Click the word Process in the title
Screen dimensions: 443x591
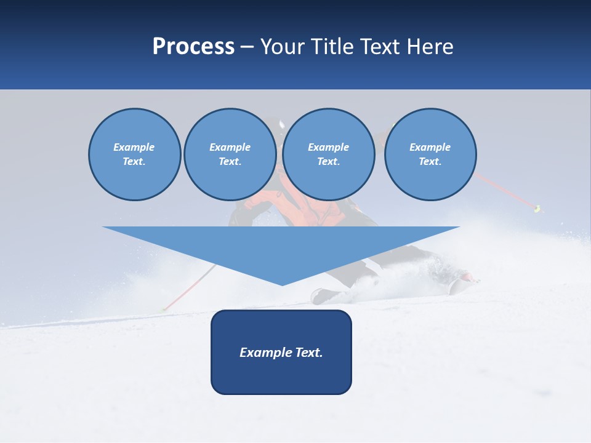click(x=193, y=47)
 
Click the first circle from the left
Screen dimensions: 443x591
click(x=134, y=154)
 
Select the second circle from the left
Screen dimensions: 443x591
click(x=230, y=154)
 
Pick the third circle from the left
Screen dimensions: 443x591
click(x=328, y=154)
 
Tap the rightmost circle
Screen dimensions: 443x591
click(x=430, y=154)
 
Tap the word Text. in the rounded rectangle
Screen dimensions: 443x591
click(x=308, y=353)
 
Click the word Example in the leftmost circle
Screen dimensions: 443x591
click(x=134, y=147)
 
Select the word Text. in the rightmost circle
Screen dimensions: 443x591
click(x=430, y=162)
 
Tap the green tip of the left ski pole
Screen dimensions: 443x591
click(x=164, y=309)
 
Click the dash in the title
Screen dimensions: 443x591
click(x=247, y=47)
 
